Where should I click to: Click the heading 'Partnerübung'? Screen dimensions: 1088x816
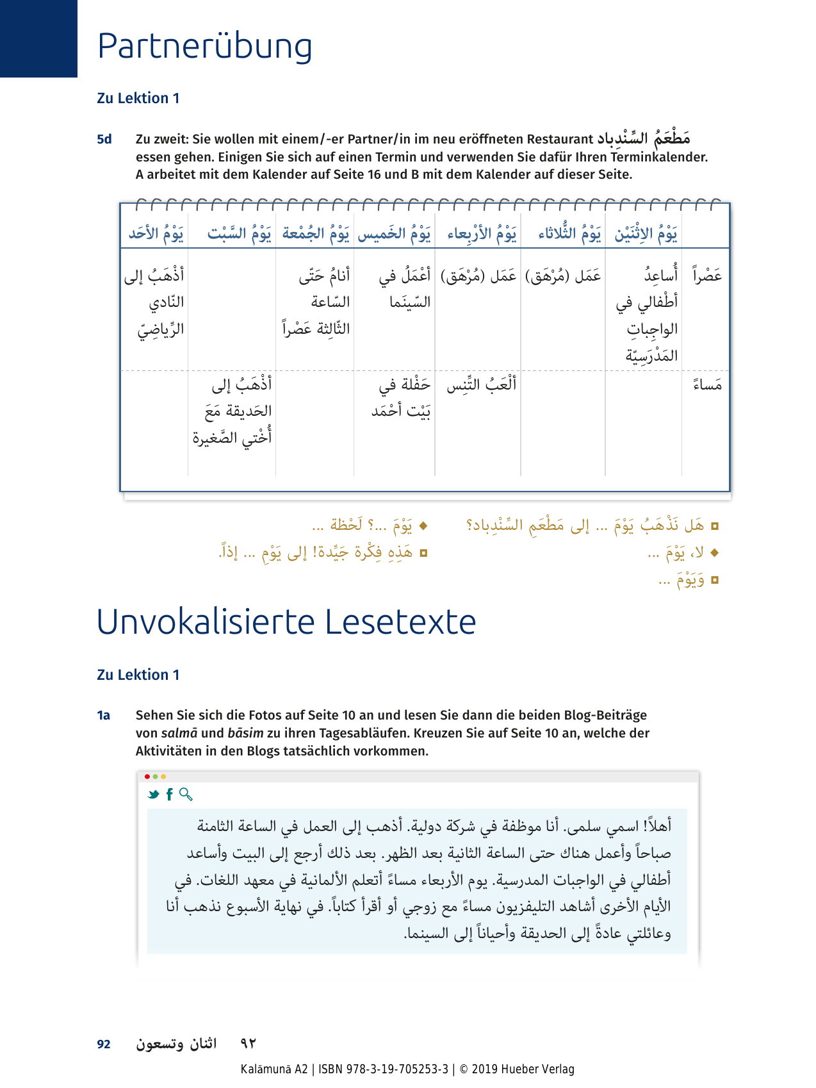pyautogui.click(x=204, y=47)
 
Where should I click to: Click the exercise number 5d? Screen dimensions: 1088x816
pyautogui.click(x=104, y=139)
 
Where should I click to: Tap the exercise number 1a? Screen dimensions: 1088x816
pyautogui.click(x=104, y=715)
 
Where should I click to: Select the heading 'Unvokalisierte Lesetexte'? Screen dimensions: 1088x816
pyautogui.click(x=286, y=622)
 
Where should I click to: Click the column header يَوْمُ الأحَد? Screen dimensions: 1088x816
pyautogui.click(x=156, y=234)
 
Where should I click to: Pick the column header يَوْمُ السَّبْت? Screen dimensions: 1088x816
pyautogui.click(x=239, y=234)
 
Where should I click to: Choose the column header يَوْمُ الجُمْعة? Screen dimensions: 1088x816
pyautogui.click(x=316, y=234)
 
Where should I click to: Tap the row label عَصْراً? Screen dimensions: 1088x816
pyautogui.click(x=707, y=276)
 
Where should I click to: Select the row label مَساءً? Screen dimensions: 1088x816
pyautogui.click(x=707, y=384)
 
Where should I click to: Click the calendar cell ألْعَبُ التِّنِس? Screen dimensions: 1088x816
pyautogui.click(x=481, y=385)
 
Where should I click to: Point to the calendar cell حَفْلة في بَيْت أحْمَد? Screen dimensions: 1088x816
pyautogui.click(x=401, y=398)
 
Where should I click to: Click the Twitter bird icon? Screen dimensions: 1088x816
pyautogui.click(x=153, y=795)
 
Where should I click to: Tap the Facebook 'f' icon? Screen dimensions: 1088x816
pyautogui.click(x=169, y=795)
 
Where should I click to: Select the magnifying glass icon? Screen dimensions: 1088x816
pyautogui.click(x=186, y=795)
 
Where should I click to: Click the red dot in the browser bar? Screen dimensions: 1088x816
pyautogui.click(x=147, y=777)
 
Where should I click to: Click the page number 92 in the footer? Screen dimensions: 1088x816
pyautogui.click(x=104, y=1044)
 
